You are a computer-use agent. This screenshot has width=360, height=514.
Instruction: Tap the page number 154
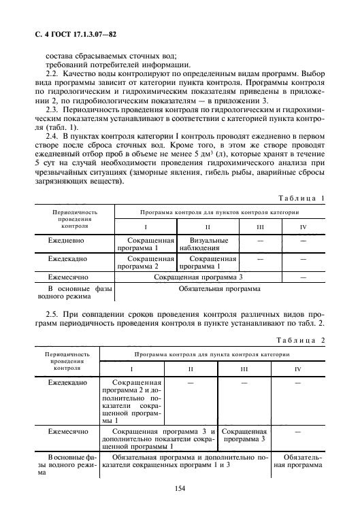pos(180,487)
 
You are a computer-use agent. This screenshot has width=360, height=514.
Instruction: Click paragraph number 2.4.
pos(53,137)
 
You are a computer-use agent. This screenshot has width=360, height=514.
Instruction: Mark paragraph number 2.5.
pos(53,315)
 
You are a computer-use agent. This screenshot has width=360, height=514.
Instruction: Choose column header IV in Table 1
pos(303,226)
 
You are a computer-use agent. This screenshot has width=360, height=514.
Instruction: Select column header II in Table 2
pos(191,369)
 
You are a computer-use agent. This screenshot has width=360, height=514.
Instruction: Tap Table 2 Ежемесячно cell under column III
pos(244,435)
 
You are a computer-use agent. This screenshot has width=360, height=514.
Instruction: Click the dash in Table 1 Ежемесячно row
pos(303,277)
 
